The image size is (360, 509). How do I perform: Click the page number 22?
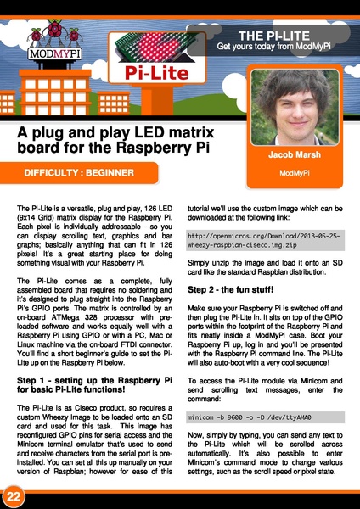(x=14, y=495)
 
